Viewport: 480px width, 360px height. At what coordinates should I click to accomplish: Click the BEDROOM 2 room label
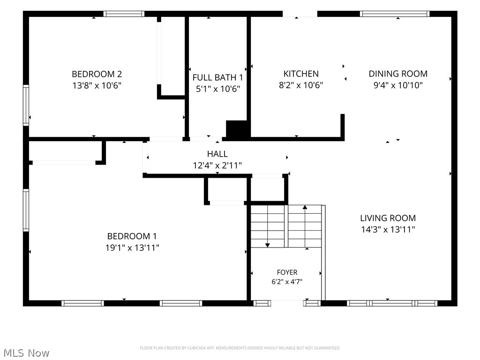[97, 74]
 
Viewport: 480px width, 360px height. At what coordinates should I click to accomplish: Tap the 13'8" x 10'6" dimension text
[97, 85]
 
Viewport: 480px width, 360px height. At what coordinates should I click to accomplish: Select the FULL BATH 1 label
[217, 77]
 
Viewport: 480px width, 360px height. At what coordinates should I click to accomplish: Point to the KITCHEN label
[301, 74]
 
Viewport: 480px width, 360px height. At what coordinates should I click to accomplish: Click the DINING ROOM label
[398, 74]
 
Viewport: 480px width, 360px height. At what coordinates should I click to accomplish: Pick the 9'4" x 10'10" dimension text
[398, 85]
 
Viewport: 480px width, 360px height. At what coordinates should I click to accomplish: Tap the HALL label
[217, 154]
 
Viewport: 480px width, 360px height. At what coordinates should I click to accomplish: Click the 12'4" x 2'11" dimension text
[217, 165]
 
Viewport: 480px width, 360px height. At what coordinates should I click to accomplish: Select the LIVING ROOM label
[388, 218]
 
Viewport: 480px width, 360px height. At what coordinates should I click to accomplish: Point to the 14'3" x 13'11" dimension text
[388, 230]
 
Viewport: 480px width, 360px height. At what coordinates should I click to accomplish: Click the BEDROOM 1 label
[132, 236]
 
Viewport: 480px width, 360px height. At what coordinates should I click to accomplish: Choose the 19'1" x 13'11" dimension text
[132, 247]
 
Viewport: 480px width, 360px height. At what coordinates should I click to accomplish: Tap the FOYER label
[287, 272]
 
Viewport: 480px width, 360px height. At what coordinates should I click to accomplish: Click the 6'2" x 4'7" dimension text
[287, 282]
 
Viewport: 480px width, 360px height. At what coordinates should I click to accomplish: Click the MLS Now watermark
[26, 353]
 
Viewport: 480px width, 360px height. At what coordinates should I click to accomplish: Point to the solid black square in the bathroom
[236, 129]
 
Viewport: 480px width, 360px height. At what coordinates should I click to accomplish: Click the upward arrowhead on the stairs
[305, 207]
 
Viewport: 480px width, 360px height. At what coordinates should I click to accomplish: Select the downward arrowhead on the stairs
[268, 245]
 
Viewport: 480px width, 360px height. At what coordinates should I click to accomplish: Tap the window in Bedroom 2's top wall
[124, 14]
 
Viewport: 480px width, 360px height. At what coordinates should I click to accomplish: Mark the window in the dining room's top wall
[395, 14]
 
